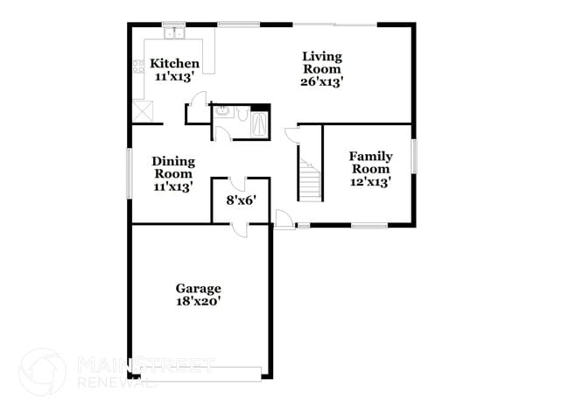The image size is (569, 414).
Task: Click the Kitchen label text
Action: (175, 64)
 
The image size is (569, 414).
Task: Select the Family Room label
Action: (371, 162)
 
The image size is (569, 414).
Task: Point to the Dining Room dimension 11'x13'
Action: (172, 186)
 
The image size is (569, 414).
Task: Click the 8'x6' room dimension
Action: (241, 200)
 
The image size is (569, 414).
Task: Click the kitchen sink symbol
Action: (175, 33)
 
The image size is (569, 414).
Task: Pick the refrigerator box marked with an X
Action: (142, 112)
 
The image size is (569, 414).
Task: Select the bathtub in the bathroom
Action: (261, 123)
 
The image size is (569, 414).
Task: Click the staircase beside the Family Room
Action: (309, 179)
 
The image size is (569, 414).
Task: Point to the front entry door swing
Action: (284, 220)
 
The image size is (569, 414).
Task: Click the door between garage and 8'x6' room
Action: (239, 228)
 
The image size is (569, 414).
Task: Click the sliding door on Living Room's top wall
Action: (334, 25)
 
